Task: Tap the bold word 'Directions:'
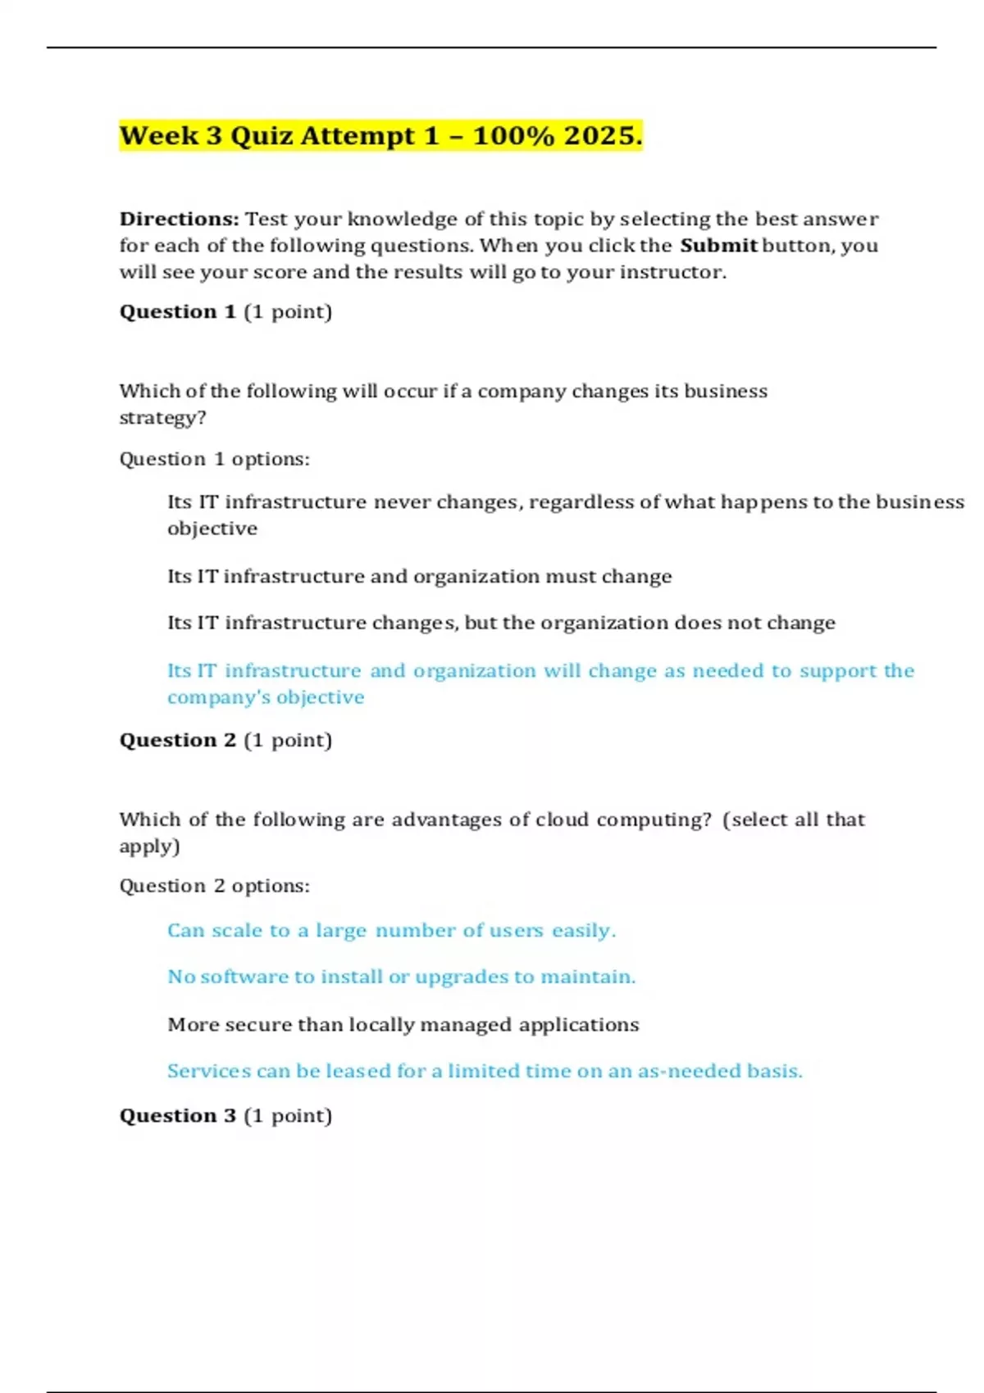tap(179, 219)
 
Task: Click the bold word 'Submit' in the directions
tap(718, 245)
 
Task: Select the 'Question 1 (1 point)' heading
tap(225, 311)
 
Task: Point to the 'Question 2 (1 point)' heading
tap(225, 740)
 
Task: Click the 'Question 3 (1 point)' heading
tap(225, 1115)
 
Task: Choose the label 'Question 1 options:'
tap(214, 459)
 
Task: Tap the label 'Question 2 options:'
tap(214, 886)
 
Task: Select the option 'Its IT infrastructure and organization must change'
tap(419, 576)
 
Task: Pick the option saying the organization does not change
tap(501, 623)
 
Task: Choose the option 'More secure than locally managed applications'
tap(403, 1024)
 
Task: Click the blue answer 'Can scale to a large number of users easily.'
tap(391, 930)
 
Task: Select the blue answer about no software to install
tap(401, 977)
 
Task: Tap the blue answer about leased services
tap(485, 1071)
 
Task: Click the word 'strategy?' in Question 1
tap(162, 418)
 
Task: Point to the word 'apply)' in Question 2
tap(149, 846)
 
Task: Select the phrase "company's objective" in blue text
tap(266, 697)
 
